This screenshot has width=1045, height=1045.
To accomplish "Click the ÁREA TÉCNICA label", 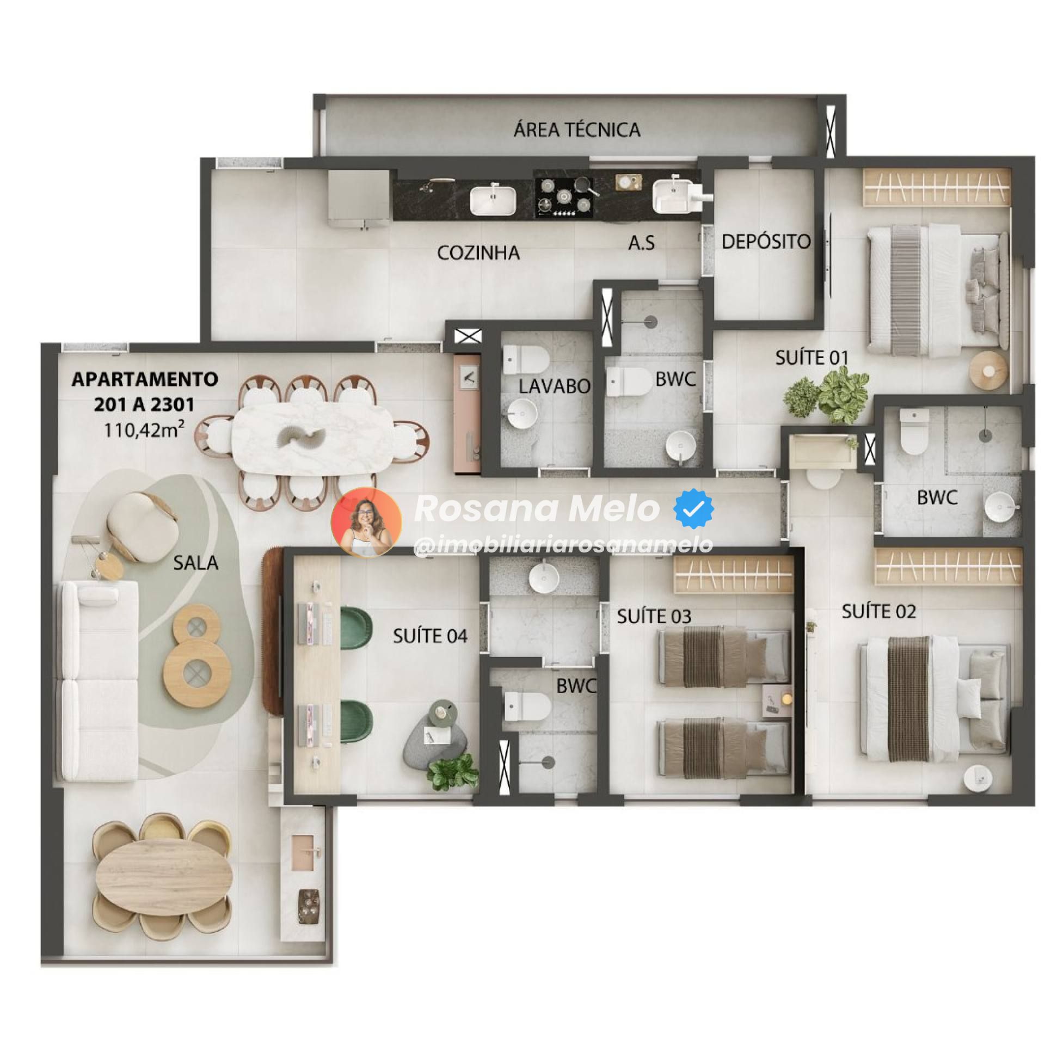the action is pyautogui.click(x=577, y=130).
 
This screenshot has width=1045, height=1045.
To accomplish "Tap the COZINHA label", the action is pyautogui.click(x=478, y=253).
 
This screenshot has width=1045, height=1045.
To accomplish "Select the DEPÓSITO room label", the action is pyautogui.click(x=766, y=241).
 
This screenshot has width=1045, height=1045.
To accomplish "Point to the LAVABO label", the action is pyautogui.click(x=554, y=386).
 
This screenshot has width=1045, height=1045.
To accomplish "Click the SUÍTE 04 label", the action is pyautogui.click(x=430, y=636).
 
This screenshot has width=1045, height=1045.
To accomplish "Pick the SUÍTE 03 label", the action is pyautogui.click(x=654, y=616).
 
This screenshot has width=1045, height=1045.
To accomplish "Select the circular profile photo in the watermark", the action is pyautogui.click(x=366, y=522).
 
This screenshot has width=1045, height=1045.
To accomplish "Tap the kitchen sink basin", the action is pyautogui.click(x=493, y=200).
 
